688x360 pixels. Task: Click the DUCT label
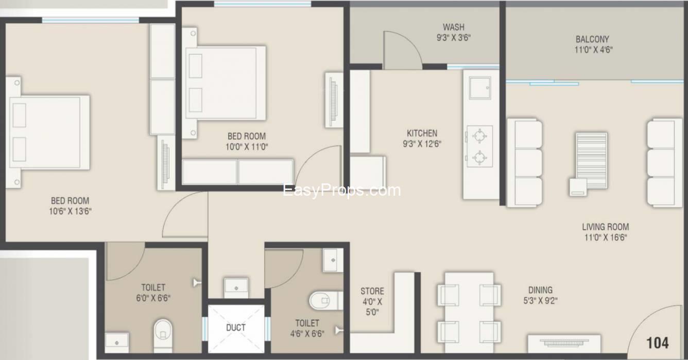click(236, 328)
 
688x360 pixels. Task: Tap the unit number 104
click(658, 343)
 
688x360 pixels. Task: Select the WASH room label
click(454, 27)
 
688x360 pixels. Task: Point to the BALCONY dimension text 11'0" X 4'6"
click(593, 50)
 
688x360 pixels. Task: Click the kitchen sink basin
click(480, 88)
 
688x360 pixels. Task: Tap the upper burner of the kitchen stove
click(479, 135)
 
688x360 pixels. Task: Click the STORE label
click(372, 291)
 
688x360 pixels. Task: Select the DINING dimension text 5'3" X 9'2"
click(540, 301)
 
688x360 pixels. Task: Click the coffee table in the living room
click(592, 157)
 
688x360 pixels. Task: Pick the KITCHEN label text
click(422, 133)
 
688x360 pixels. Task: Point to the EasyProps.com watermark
click(341, 191)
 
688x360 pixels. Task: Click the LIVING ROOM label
click(606, 227)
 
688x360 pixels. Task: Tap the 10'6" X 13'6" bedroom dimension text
click(71, 211)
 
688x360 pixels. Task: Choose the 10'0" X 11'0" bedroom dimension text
click(247, 147)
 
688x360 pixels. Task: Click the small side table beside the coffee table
click(578, 187)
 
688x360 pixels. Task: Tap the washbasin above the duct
click(236, 288)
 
